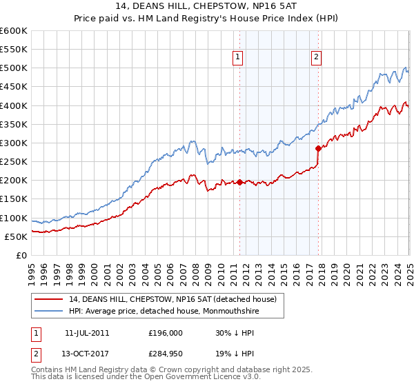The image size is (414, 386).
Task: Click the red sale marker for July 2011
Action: (239, 182)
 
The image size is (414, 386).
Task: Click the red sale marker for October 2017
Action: (318, 148)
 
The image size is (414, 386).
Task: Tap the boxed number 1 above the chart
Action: (237, 58)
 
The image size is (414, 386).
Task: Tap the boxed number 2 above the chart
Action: (316, 58)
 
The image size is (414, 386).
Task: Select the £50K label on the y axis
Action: (16, 237)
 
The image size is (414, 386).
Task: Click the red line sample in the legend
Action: (49, 299)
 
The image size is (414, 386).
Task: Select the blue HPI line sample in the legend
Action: (49, 311)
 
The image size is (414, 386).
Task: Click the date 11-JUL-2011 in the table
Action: (87, 332)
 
